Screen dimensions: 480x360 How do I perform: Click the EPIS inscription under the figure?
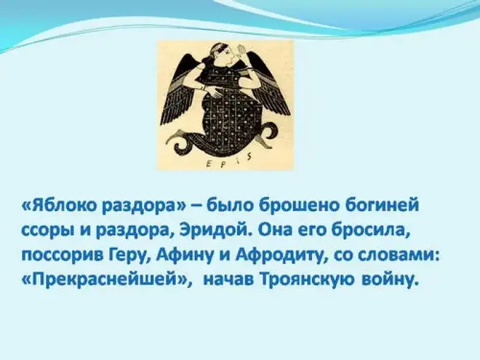click(227, 160)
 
